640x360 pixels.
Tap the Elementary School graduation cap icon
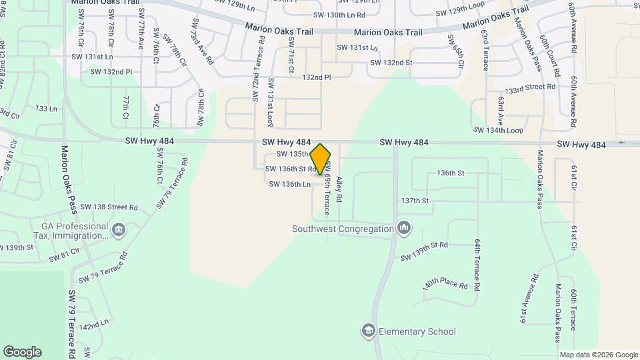click(x=368, y=331)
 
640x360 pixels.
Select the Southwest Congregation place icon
click(x=403, y=229)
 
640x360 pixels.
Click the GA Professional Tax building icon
click(x=119, y=231)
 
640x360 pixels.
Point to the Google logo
click(x=22, y=351)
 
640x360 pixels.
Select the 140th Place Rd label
click(x=446, y=285)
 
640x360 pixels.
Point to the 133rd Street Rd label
click(x=530, y=88)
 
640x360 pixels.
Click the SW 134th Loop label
click(x=498, y=130)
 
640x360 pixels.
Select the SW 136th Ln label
click(x=290, y=183)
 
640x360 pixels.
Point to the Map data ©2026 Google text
click(x=599, y=355)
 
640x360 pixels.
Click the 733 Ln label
click(x=46, y=108)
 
